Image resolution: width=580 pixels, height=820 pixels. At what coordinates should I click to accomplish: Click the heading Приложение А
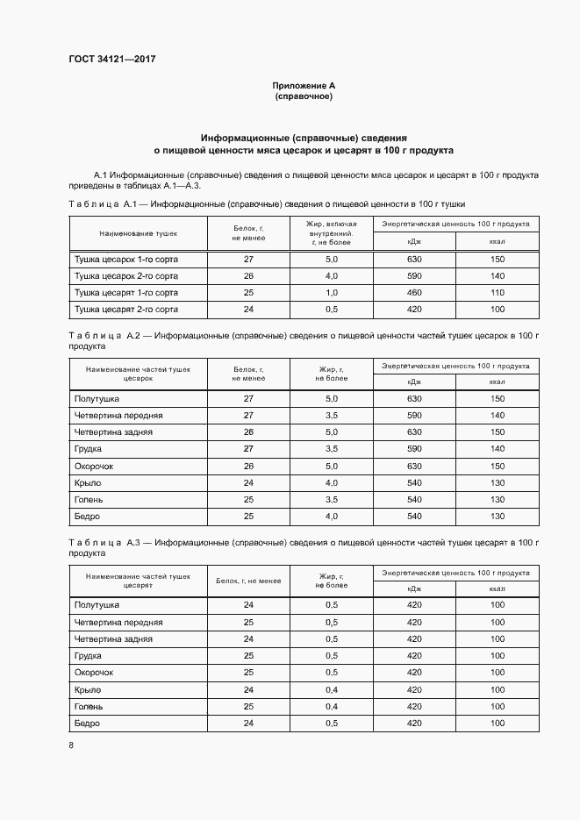point(304,86)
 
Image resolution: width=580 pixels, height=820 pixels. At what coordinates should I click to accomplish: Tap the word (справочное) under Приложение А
point(304,96)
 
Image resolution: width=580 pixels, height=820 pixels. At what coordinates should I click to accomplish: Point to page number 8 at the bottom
point(71,745)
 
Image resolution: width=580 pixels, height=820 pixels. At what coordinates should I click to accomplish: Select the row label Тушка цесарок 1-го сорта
point(126,260)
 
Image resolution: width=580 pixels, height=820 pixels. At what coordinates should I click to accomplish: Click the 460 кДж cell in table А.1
point(414,293)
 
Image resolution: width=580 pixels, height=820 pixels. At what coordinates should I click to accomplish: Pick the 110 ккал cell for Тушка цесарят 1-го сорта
point(498,293)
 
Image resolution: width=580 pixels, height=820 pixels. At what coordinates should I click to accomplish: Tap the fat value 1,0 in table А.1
point(331,293)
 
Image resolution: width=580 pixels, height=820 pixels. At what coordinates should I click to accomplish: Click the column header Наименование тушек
point(138,234)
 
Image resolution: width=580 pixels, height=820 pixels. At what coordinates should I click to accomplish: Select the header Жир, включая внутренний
point(331,230)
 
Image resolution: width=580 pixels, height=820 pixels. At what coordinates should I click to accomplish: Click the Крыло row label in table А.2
point(89,482)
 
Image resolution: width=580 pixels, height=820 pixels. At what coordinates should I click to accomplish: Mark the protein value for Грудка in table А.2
point(248,449)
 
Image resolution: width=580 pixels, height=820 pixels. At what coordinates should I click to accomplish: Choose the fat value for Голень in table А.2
point(331,499)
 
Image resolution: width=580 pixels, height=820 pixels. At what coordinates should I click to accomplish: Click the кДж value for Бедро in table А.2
point(414,516)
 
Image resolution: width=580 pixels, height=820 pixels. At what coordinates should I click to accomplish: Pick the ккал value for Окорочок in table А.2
point(498,466)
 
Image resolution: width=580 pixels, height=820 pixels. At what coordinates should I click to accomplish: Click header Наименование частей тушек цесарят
point(138,581)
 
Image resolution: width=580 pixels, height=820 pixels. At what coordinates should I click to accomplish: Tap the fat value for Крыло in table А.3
point(331,689)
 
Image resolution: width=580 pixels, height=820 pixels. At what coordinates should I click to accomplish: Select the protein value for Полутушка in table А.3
point(248,605)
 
